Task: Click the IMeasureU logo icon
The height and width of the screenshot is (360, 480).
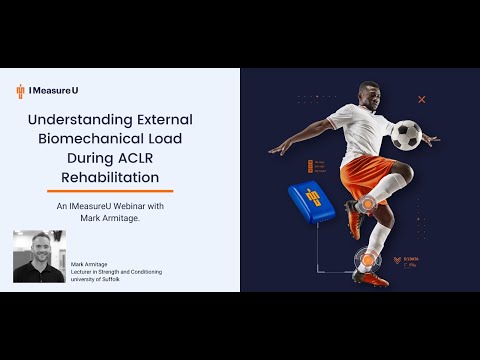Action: coord(20,91)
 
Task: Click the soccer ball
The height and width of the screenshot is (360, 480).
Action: coord(405,135)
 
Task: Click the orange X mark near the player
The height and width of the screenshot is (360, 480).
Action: coord(422,99)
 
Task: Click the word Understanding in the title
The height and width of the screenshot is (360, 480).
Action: coord(76,119)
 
